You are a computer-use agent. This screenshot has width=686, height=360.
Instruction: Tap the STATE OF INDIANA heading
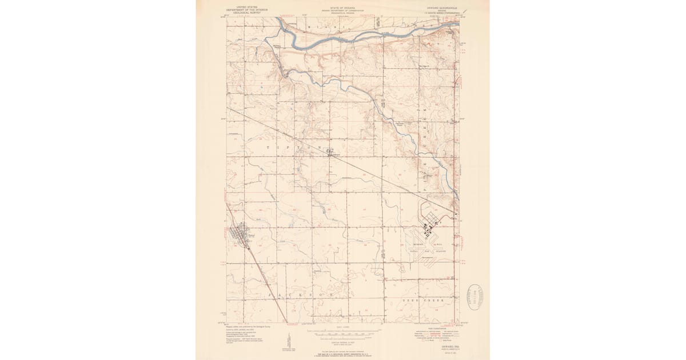[x=342, y=8]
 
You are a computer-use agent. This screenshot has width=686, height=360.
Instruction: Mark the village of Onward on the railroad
[x=331, y=152]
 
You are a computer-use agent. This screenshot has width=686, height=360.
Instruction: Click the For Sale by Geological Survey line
[x=343, y=355]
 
